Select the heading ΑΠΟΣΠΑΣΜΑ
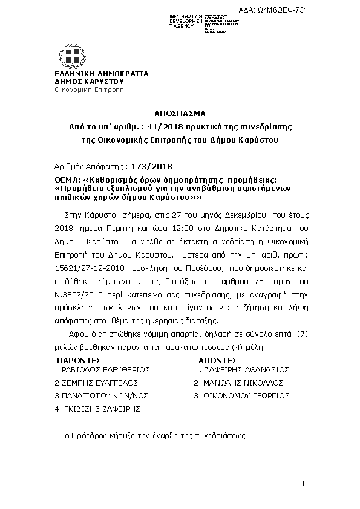coord(180,113)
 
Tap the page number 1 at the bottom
coord(304,484)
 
